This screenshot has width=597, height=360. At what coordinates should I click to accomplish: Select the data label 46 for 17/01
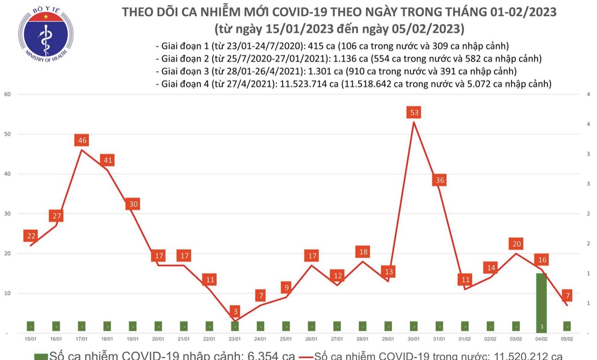click(x=82, y=140)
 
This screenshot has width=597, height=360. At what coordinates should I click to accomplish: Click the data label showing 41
click(x=107, y=160)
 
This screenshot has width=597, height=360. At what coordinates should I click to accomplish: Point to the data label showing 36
click(x=439, y=180)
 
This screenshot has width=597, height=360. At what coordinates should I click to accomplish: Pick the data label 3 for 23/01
click(x=235, y=311)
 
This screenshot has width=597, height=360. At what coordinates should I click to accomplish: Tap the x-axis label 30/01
click(x=413, y=339)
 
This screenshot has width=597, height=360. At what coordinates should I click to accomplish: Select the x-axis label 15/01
click(x=31, y=339)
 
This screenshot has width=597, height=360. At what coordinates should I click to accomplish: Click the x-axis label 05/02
click(x=567, y=339)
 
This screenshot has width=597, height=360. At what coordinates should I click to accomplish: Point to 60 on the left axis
click(x=7, y=94)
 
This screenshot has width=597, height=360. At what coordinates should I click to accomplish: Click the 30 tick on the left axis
click(x=7, y=213)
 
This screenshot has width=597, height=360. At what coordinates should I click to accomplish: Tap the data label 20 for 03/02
click(x=516, y=244)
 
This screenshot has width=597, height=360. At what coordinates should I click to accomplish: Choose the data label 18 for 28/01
click(x=362, y=251)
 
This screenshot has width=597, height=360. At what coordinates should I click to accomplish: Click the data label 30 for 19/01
click(x=133, y=204)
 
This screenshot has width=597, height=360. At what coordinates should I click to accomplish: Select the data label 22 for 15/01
click(x=31, y=236)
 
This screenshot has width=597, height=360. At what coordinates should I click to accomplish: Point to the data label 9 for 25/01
click(x=286, y=287)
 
